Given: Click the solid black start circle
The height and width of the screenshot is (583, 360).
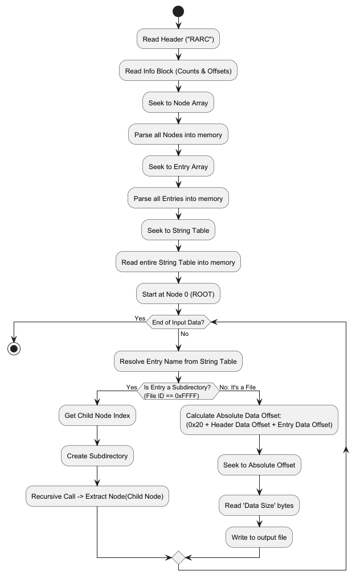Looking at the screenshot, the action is pos(178,11).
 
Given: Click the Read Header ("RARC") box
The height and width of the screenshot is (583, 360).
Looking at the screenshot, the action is pos(178,39).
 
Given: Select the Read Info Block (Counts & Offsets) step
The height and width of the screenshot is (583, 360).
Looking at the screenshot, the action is pos(178,71).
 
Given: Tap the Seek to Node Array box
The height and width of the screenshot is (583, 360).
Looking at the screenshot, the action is pos(178,102).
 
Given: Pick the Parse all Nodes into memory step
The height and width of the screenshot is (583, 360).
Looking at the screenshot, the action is pos(178,134).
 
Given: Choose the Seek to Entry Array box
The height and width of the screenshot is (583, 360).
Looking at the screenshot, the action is pos(178,167).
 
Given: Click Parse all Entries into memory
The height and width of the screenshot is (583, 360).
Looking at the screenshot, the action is pos(178,198).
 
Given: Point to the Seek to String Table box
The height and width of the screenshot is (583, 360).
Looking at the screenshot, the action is pos(178,230).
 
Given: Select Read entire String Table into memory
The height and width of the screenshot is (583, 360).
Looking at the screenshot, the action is pos(178,262).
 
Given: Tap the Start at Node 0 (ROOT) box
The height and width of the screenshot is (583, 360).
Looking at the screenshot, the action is pos(178,294).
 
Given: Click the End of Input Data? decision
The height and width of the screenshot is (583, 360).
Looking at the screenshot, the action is pos(178,322).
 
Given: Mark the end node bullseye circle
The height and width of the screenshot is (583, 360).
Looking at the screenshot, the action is pos(14,349).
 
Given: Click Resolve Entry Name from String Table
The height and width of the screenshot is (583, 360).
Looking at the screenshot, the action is pos(178,362).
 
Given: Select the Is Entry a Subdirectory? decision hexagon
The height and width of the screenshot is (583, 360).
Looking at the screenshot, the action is pos(178,391).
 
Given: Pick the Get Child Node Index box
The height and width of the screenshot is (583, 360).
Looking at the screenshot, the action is pos(97,416).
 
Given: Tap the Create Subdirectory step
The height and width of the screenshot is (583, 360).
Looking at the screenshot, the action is pos(97,456).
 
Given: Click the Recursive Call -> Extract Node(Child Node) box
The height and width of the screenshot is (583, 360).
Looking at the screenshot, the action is pos(97,496).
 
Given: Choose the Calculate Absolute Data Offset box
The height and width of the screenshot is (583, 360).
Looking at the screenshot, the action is pos(259,420).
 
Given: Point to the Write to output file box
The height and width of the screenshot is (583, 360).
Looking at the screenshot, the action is pos(259,537).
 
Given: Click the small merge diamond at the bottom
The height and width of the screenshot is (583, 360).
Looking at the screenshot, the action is pos(178,558).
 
